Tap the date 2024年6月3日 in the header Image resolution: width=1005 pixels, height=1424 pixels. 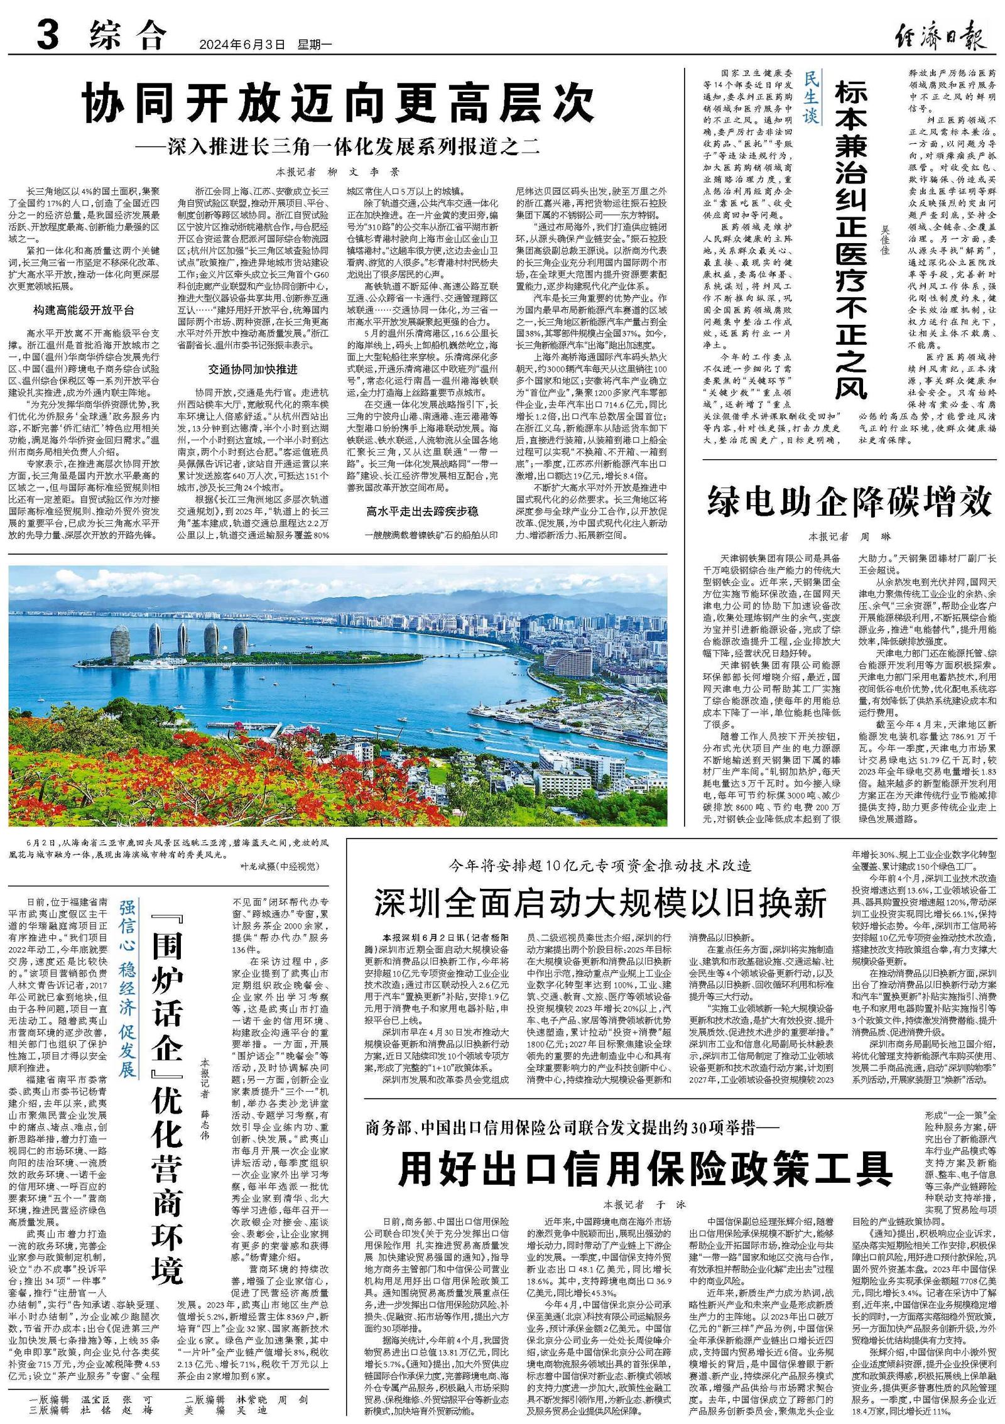pos(242,45)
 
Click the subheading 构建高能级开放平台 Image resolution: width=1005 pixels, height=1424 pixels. pos(84,310)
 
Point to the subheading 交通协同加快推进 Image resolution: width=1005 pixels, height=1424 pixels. pos(253,369)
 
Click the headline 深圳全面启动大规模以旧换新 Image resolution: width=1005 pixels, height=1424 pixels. pos(600,903)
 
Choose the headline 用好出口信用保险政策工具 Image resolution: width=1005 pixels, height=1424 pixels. pos(646,1167)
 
